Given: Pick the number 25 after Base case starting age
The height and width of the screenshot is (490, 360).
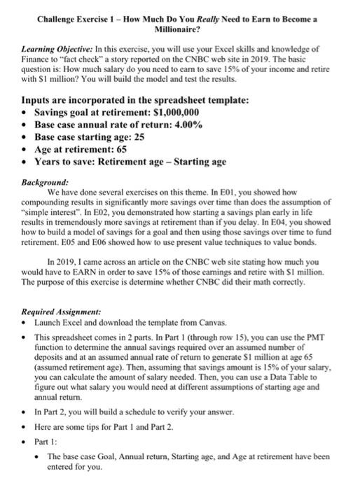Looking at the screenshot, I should point(139,137).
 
